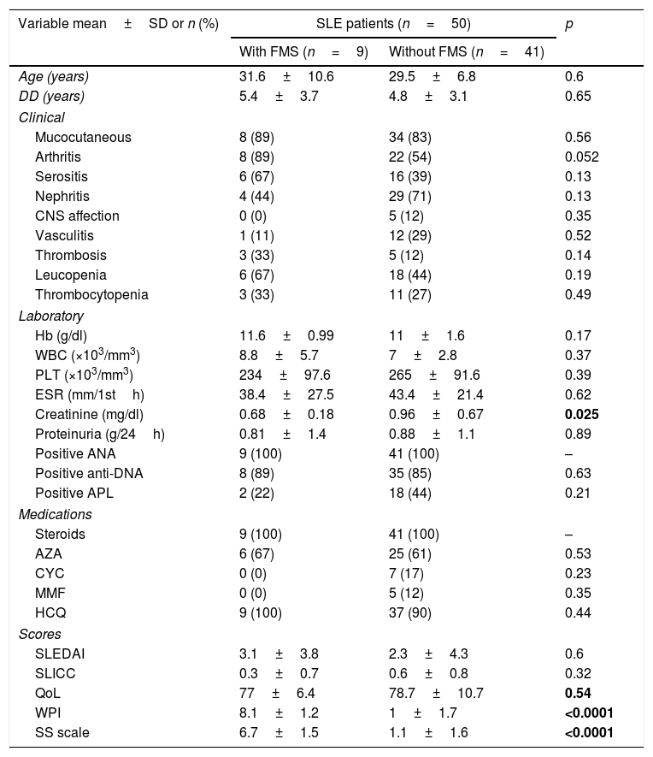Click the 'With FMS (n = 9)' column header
pyautogui.click(x=303, y=52)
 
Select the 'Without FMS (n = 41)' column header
pyautogui.click(x=467, y=52)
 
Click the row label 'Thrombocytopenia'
pyautogui.click(x=91, y=295)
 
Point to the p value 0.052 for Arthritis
pyautogui.click(x=582, y=157)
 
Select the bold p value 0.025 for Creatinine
pyautogui.click(x=582, y=414)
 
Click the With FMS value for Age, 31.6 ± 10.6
pyautogui.click(x=286, y=77)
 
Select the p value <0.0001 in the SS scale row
pyautogui.click(x=589, y=732)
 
